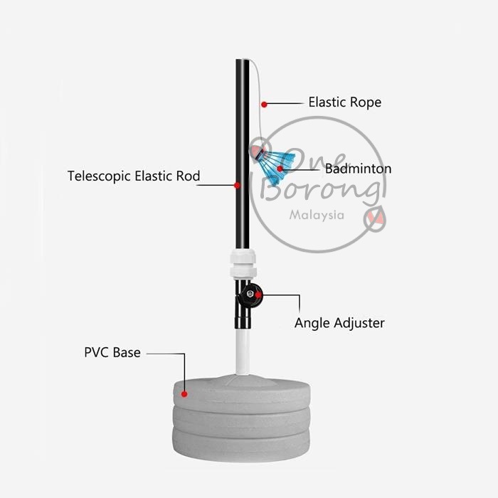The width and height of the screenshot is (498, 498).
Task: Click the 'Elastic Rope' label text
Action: pyautogui.click(x=344, y=102)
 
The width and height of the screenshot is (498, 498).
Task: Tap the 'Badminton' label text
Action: pyautogui.click(x=358, y=169)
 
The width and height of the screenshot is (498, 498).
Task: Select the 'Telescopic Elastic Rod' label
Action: pyautogui.click(x=134, y=176)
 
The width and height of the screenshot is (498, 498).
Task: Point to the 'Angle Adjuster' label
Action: pyautogui.click(x=339, y=323)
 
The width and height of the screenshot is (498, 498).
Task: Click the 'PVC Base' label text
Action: pyautogui.click(x=112, y=352)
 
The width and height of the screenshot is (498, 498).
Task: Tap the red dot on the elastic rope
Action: pyautogui.click(x=264, y=105)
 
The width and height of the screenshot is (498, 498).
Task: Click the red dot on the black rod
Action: pyautogui.click(x=237, y=185)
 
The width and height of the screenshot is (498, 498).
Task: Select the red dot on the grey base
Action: pyautogui.click(x=184, y=393)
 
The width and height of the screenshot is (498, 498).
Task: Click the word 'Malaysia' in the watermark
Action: pyautogui.click(x=318, y=214)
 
